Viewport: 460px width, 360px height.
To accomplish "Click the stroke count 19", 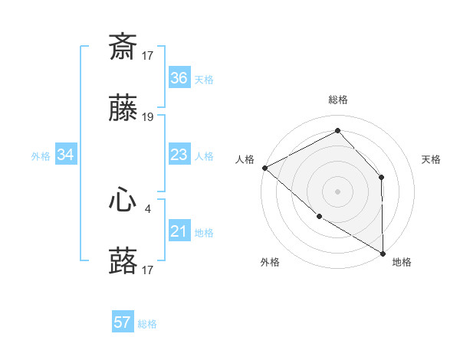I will (148, 117).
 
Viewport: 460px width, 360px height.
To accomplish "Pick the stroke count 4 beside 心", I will (148, 207).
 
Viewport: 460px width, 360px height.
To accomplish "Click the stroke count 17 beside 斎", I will (148, 55).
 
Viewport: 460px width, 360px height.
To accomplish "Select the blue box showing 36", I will (179, 78).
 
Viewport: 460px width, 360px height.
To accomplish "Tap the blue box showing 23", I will (179, 155).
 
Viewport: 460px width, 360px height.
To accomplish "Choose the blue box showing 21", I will (179, 232).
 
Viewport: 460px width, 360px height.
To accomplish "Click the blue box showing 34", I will (65, 155).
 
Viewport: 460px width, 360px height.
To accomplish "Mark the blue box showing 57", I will (122, 322).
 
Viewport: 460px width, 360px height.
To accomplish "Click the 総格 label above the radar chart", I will (338, 100).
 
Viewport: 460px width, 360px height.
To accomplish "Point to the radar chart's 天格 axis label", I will (432, 159).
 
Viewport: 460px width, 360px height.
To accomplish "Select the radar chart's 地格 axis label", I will (402, 262).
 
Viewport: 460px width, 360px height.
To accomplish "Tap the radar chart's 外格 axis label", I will (269, 262).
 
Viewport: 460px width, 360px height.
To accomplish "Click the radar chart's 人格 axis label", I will (245, 159).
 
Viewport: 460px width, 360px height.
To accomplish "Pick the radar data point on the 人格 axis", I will (264, 167).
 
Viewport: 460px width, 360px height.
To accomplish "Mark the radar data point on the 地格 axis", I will (383, 253).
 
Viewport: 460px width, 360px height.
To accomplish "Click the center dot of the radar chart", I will (337, 191).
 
